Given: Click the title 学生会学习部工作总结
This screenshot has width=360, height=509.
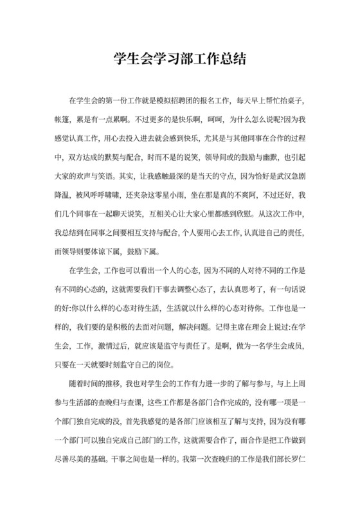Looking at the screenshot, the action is coord(180,60).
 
